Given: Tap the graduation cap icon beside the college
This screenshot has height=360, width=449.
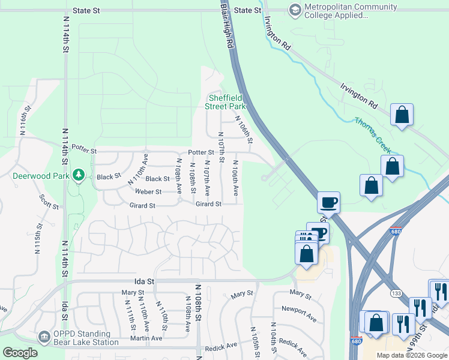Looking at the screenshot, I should pyautogui.click(x=295, y=10).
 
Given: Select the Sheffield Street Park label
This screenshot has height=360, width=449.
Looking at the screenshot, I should pyautogui.click(x=225, y=102).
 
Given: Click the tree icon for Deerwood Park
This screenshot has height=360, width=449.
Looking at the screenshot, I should pyautogui.click(x=77, y=175).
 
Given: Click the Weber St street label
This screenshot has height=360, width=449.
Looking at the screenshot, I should pyautogui.click(x=148, y=192).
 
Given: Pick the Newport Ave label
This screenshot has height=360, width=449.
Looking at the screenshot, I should pyautogui.click(x=298, y=312).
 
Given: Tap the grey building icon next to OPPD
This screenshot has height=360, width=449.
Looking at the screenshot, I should pyautogui.click(x=44, y=338).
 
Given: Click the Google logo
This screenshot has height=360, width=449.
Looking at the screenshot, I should pyautogui.click(x=20, y=353).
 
